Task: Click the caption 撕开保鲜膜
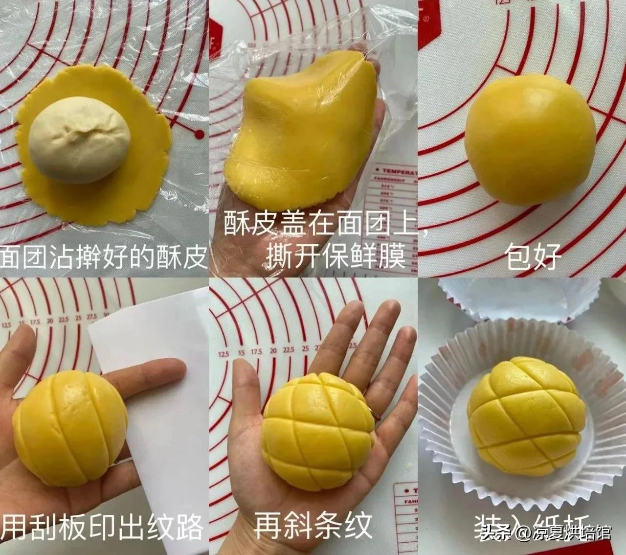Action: [x=335, y=256]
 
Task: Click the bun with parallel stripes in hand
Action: [x=70, y=421]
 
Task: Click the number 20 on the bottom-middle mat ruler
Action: [x=273, y=350]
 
